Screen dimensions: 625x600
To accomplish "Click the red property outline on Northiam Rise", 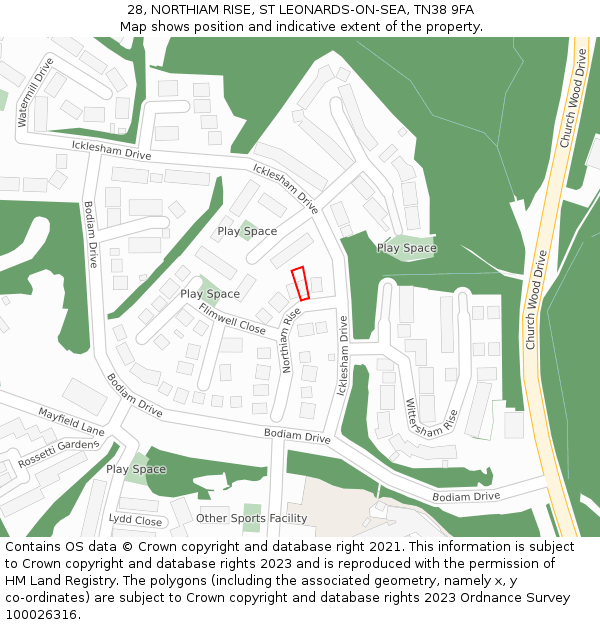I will click(300, 283).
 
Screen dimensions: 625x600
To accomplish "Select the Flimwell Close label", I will click(231, 320).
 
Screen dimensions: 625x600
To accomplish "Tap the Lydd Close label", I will click(135, 520).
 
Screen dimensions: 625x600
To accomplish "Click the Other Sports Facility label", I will click(251, 518).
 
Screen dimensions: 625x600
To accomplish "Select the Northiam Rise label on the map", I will click(290, 340).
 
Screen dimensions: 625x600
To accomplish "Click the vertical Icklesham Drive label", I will click(342, 355).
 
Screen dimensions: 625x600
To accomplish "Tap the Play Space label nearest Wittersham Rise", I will click(406, 248).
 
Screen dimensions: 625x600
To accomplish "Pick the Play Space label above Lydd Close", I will click(136, 469).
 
